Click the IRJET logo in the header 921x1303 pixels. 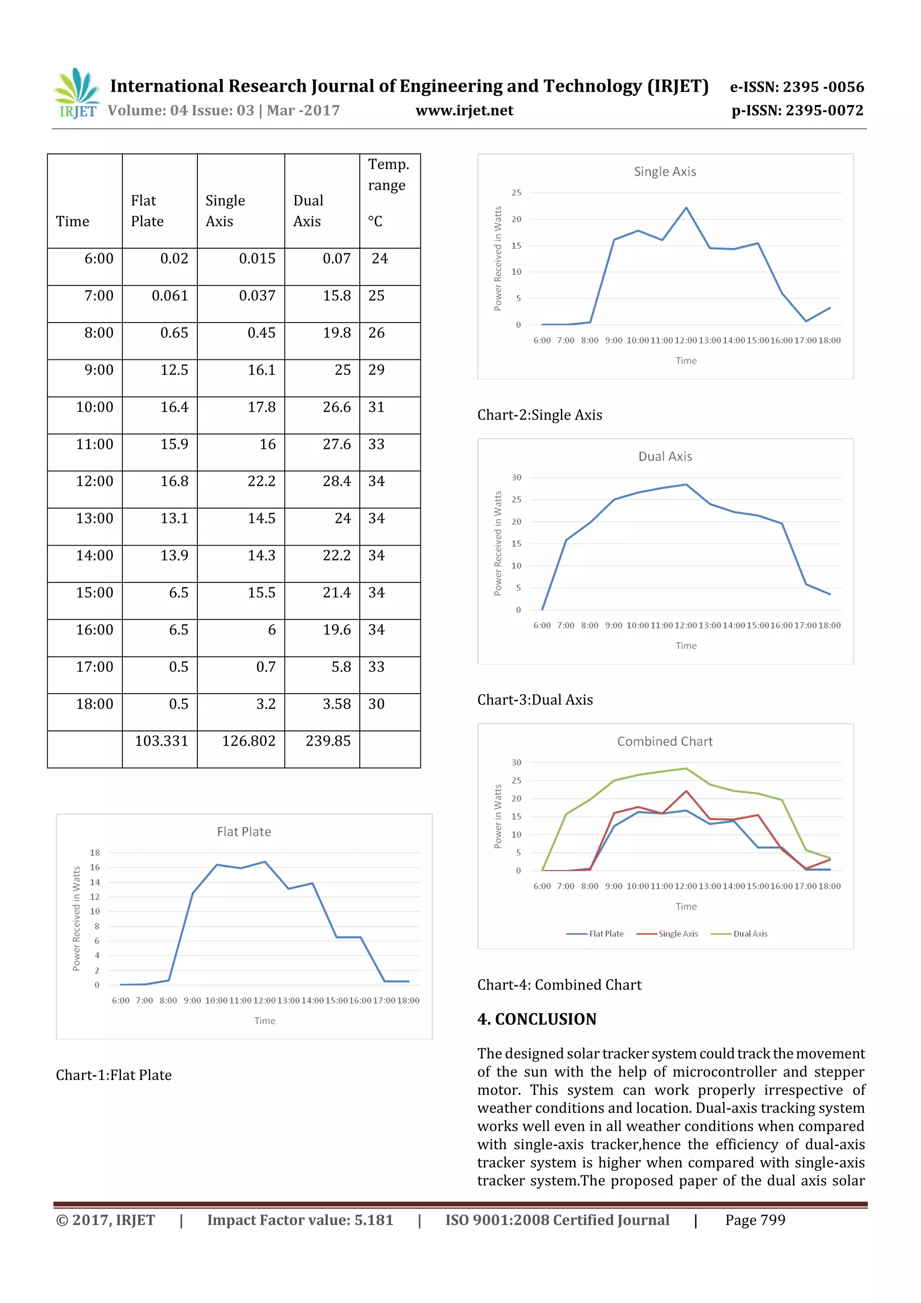point(76,93)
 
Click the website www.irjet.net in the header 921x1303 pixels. point(464,111)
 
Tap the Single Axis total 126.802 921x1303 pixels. point(249,741)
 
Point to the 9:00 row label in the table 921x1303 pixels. point(99,370)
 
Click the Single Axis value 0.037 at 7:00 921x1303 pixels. point(257,296)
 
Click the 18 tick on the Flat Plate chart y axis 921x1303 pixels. point(95,852)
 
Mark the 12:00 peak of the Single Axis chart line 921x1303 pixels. point(686,208)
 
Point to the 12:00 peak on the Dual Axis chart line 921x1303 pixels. point(686,485)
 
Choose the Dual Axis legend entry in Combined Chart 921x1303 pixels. point(750,934)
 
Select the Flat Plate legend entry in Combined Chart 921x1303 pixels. point(605,934)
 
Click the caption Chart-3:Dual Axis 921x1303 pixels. point(535,700)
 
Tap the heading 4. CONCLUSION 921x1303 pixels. point(537,1019)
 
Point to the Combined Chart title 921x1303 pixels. point(665,741)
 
